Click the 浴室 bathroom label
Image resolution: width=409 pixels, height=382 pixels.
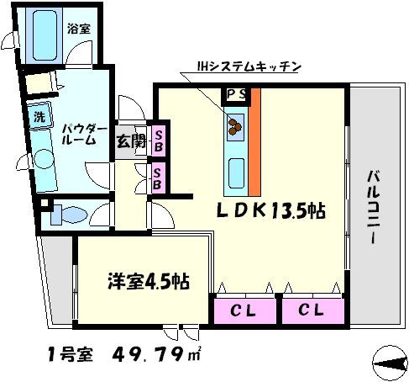[81, 27]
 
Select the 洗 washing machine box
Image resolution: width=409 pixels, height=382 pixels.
[39, 115]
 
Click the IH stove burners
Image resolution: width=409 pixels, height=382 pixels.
[233, 125]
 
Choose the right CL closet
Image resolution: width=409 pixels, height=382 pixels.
[313, 311]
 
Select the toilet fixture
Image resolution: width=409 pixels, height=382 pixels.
[63, 212]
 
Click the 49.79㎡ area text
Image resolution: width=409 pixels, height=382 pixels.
[155, 356]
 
